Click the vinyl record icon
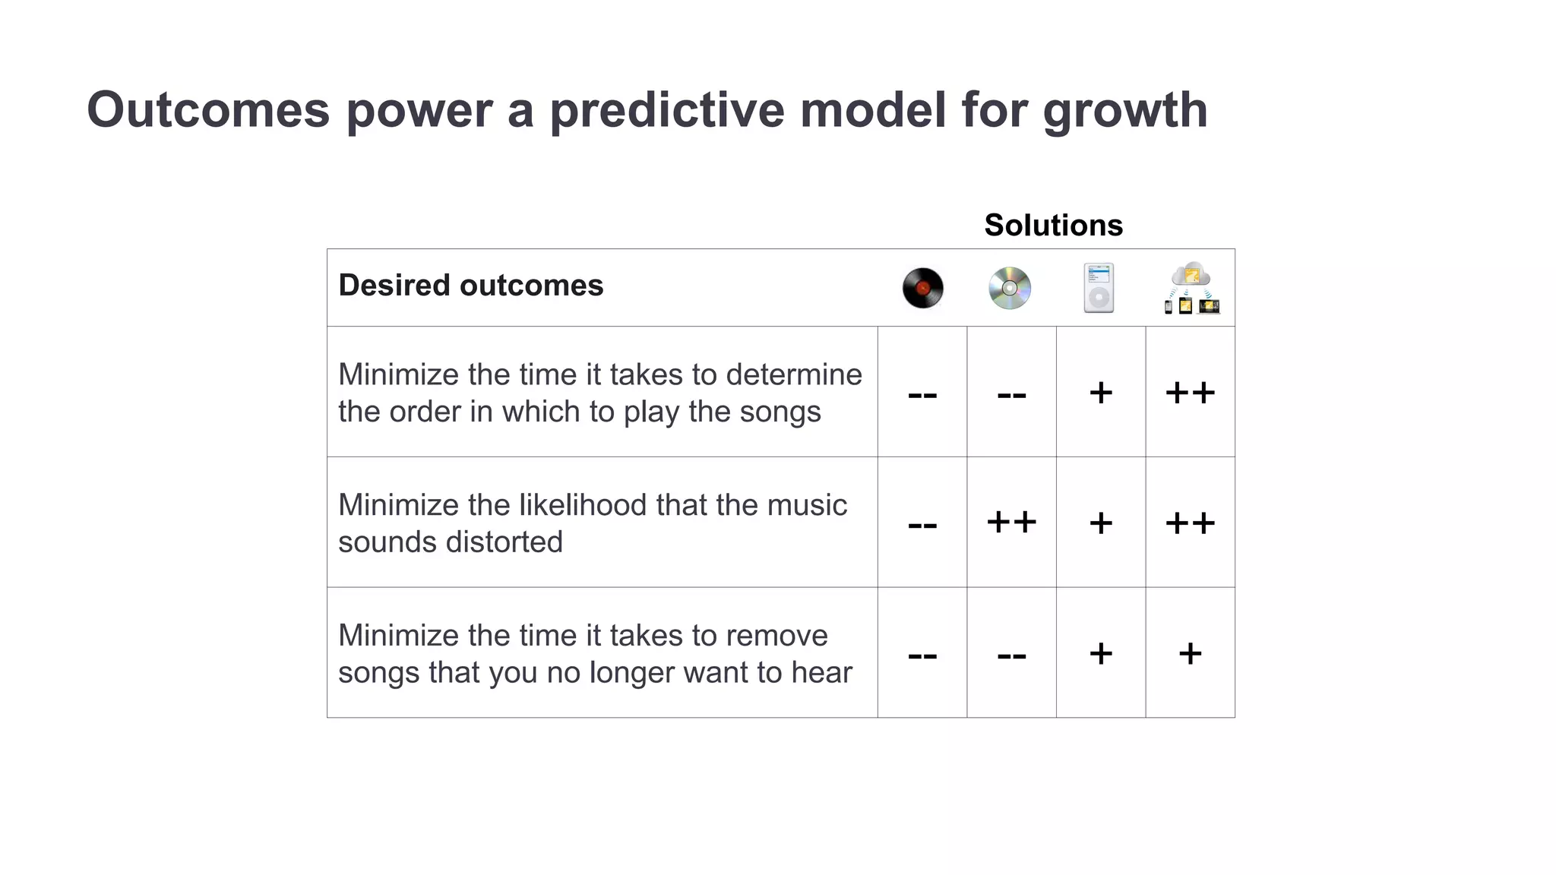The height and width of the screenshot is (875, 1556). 922,289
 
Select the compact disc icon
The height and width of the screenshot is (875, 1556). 1010,289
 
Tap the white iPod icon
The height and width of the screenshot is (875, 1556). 1099,288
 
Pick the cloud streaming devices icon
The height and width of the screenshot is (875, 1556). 1191,289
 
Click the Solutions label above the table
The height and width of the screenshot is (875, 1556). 1053,226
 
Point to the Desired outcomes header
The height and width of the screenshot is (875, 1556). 470,286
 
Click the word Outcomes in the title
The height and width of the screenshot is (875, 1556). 208,110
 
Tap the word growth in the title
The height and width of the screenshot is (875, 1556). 1124,110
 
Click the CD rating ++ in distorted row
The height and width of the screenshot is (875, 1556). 1011,523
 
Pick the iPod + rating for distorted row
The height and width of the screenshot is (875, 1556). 1101,523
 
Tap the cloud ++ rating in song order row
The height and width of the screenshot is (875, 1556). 1190,393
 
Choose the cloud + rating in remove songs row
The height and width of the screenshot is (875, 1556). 1190,653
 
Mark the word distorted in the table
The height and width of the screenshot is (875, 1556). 504,542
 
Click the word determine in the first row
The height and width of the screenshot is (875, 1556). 794,374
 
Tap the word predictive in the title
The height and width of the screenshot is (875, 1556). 666,110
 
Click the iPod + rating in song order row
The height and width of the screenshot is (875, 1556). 1101,393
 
